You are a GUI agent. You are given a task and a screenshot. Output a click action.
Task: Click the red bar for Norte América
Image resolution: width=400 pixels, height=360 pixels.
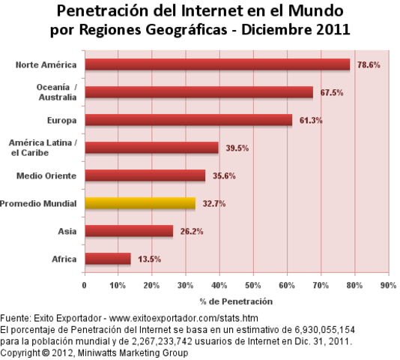tap(217, 64)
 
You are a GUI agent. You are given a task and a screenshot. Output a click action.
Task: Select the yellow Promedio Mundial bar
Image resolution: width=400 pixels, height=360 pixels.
tap(140, 203)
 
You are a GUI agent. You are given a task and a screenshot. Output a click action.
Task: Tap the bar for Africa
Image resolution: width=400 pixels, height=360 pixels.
tap(108, 259)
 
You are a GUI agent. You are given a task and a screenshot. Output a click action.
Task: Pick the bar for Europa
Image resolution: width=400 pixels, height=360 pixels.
tap(189, 120)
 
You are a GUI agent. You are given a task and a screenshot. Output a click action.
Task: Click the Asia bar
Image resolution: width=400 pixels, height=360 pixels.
tap(129, 231)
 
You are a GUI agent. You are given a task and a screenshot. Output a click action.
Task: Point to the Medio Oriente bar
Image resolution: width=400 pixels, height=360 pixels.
tap(145, 175)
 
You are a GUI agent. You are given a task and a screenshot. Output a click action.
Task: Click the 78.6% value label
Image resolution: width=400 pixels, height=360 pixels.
tap(368, 65)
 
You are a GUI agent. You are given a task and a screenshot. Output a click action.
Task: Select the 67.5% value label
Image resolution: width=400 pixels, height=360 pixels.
tap(330, 93)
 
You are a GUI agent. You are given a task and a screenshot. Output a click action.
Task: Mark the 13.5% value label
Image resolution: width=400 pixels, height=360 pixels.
tap(149, 259)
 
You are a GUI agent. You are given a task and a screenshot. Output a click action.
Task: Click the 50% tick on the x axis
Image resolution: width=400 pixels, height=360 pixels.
tap(253, 286)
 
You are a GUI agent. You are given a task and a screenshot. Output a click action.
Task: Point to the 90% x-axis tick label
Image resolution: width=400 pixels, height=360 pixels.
tap(388, 286)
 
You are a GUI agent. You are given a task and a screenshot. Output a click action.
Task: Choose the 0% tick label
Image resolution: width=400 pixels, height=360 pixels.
tap(85, 286)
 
